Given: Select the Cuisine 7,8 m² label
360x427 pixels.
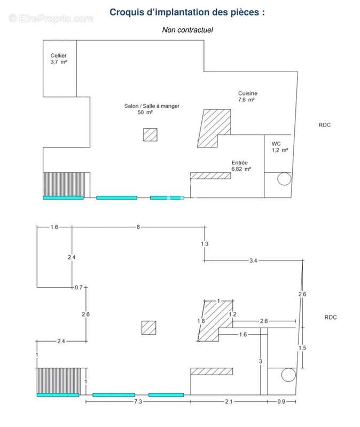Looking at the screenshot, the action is click(x=247, y=97).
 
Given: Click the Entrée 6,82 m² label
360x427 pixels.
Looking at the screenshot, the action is click(x=241, y=165).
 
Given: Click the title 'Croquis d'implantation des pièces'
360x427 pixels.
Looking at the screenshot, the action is click(x=187, y=12).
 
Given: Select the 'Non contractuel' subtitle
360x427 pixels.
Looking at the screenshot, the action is click(x=187, y=30).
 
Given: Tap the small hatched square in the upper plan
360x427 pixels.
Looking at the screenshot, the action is click(x=150, y=135).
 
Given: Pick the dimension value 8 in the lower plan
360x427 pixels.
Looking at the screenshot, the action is click(x=138, y=227).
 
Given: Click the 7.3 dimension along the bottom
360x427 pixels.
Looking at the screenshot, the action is click(x=138, y=401).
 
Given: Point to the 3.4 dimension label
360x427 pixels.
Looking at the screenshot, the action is click(x=253, y=260).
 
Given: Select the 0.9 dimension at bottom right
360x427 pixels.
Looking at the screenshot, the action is click(x=281, y=401).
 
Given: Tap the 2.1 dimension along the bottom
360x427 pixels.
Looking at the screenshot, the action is click(x=229, y=401).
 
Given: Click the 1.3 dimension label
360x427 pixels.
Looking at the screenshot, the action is click(x=205, y=244).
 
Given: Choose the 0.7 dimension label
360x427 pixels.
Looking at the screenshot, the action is click(x=79, y=287).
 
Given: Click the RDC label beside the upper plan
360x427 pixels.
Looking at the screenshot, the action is click(x=325, y=125).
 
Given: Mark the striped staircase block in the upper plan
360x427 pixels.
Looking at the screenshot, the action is click(x=64, y=184).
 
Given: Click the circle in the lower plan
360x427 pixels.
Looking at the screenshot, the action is click(x=288, y=375).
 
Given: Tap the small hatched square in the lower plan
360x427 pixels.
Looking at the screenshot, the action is click(x=149, y=328).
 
